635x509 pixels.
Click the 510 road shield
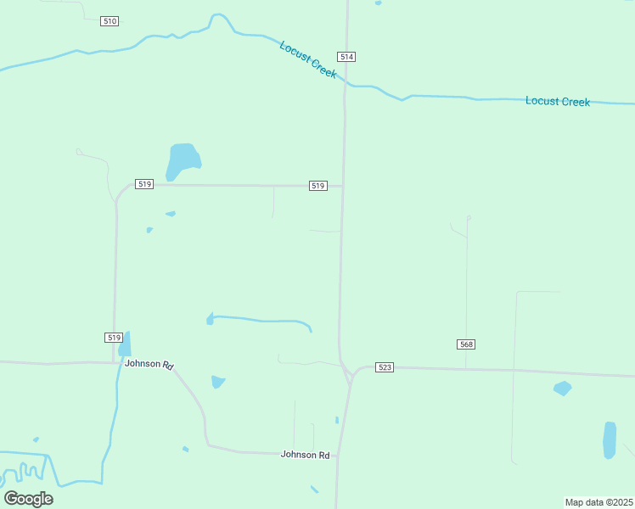click(109, 20)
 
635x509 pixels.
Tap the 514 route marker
click(346, 57)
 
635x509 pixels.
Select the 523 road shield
click(385, 366)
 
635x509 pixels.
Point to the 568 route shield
click(465, 344)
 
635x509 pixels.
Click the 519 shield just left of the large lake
click(143, 184)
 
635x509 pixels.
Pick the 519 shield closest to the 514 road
click(317, 185)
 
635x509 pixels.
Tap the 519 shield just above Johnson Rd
click(114, 337)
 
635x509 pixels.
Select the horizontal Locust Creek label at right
click(557, 101)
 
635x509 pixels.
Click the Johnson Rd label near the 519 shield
click(149, 364)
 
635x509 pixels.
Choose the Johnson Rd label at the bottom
click(305, 455)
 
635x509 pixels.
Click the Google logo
click(28, 498)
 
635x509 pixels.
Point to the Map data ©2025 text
click(598, 502)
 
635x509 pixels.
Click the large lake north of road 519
click(183, 159)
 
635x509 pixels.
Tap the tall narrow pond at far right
click(609, 439)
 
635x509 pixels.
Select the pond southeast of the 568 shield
click(562, 389)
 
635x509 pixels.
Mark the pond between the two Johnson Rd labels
click(218, 382)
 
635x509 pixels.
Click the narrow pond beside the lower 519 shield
click(125, 344)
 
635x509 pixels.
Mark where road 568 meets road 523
click(466, 368)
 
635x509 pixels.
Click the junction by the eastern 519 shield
click(343, 186)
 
